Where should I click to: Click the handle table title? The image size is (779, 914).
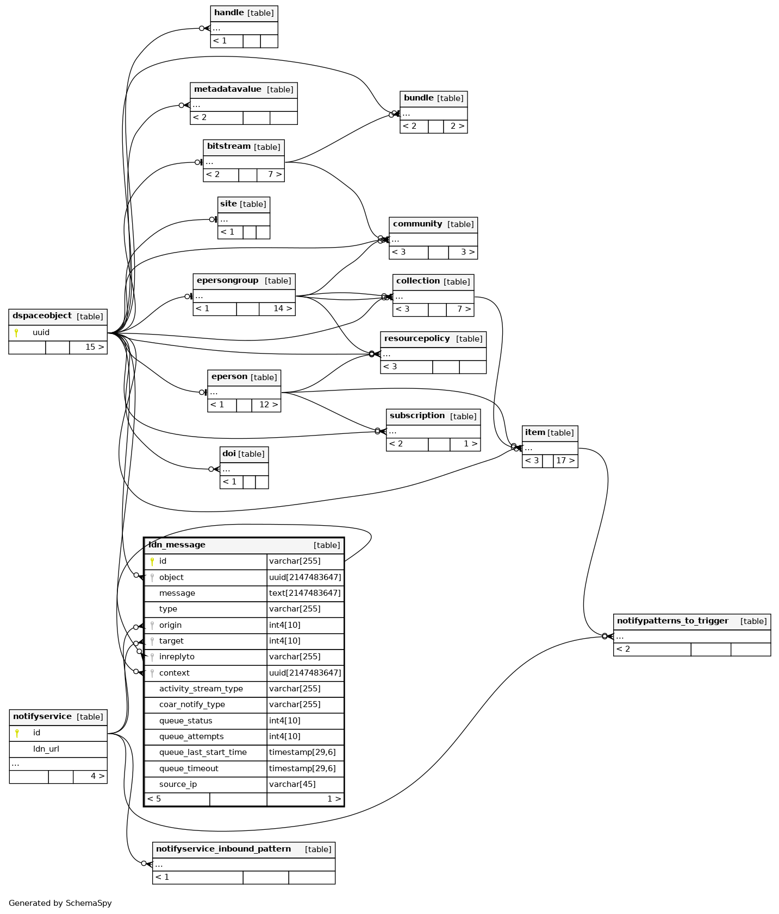point(229,13)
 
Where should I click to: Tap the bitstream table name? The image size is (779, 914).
point(228,147)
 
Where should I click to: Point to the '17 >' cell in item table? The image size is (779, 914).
point(565,461)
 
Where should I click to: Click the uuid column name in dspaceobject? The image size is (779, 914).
point(41,333)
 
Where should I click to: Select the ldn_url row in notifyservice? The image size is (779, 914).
point(46,749)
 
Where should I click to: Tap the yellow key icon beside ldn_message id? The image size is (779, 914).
point(152,562)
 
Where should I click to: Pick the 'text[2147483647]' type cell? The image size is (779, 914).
point(305,594)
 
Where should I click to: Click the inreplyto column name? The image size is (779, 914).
point(177,657)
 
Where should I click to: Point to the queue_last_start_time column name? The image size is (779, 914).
point(203,753)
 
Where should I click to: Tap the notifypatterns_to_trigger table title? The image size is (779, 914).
point(672,621)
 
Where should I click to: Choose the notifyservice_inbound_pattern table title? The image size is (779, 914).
point(223,849)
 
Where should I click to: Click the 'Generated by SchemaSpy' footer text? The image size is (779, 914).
point(60,904)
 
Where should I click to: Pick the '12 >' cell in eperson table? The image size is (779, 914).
point(269,405)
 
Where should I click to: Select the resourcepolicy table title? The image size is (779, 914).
point(417,339)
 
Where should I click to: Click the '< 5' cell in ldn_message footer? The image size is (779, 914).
point(154,799)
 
